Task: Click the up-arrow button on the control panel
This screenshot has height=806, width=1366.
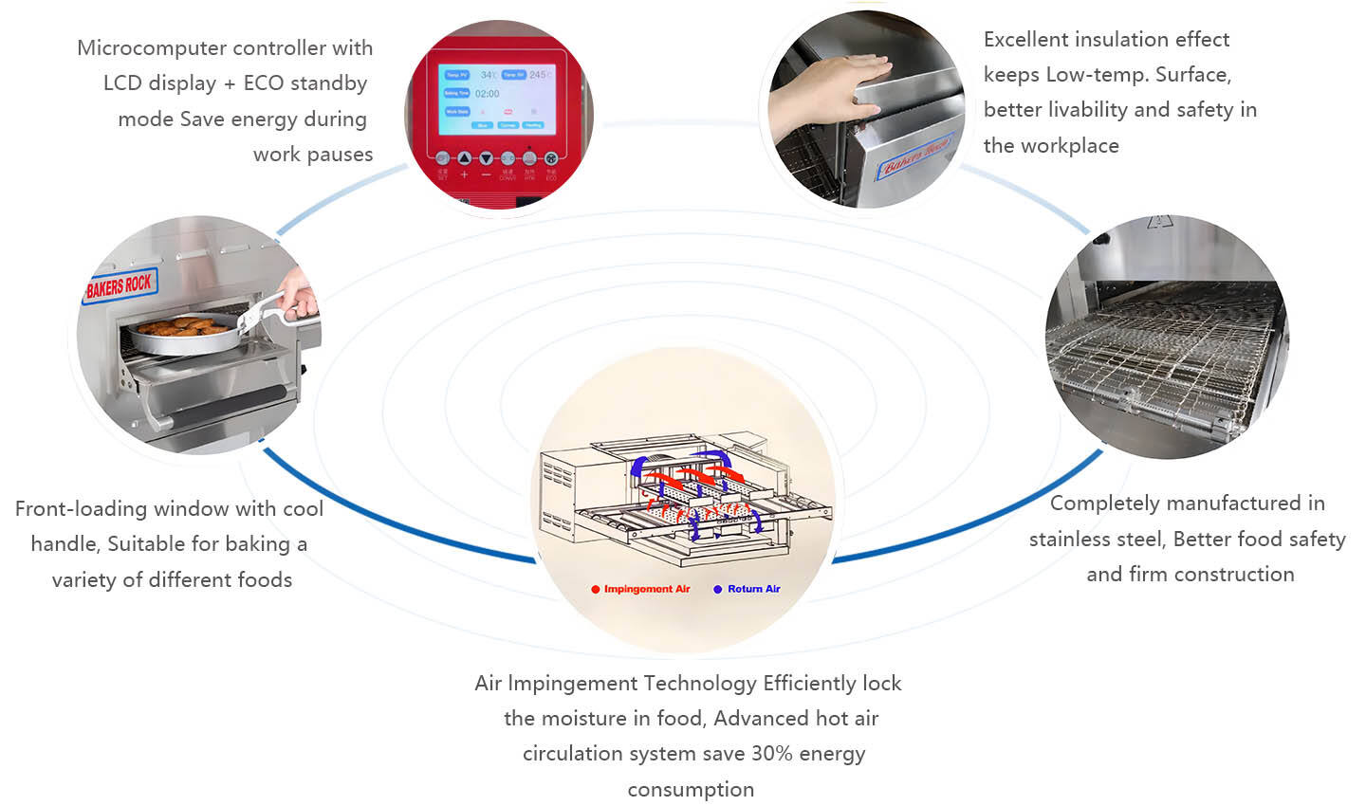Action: (x=465, y=158)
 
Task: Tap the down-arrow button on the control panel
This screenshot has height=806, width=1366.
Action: (x=486, y=158)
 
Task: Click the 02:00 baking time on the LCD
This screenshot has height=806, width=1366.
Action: (x=488, y=94)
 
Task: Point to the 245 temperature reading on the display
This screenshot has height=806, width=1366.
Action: (x=538, y=75)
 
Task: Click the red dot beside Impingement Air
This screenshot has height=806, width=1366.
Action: (x=596, y=590)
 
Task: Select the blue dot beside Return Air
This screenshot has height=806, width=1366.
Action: (x=718, y=590)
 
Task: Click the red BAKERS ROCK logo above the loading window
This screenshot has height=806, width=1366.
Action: (x=119, y=285)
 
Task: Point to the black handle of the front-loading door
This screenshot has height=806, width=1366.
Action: (x=228, y=403)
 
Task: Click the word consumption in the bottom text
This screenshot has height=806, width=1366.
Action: (x=691, y=790)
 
